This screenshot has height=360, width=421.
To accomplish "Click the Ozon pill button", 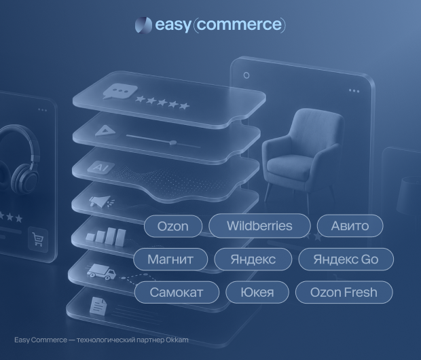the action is click(x=173, y=226).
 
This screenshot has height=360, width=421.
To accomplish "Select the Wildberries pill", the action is click(x=259, y=226).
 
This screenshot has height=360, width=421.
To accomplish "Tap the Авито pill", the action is click(x=350, y=226).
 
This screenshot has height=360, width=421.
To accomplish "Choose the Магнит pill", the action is click(x=170, y=259).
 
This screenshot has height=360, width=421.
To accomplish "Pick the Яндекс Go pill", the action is click(x=346, y=259).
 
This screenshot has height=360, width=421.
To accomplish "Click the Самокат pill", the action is click(x=177, y=292).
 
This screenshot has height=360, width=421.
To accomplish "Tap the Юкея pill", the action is click(x=257, y=292).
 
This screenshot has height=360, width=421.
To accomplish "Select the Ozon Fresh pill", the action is click(x=344, y=292).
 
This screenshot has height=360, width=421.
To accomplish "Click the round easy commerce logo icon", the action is click(x=143, y=25).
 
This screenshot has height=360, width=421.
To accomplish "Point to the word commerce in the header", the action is click(x=240, y=24).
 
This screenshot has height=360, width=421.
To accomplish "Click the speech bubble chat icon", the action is click(x=120, y=91).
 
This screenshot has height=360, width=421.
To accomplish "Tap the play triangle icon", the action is click(x=105, y=131).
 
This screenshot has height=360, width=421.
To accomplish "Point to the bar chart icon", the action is click(x=106, y=236).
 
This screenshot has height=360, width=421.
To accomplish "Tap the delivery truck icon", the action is click(x=101, y=271).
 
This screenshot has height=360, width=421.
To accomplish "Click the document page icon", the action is click(x=98, y=306).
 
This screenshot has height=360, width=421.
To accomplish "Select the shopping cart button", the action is click(x=38, y=239).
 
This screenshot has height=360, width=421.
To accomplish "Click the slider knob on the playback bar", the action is click(x=173, y=143).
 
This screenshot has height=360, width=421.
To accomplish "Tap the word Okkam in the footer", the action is click(x=177, y=340).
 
